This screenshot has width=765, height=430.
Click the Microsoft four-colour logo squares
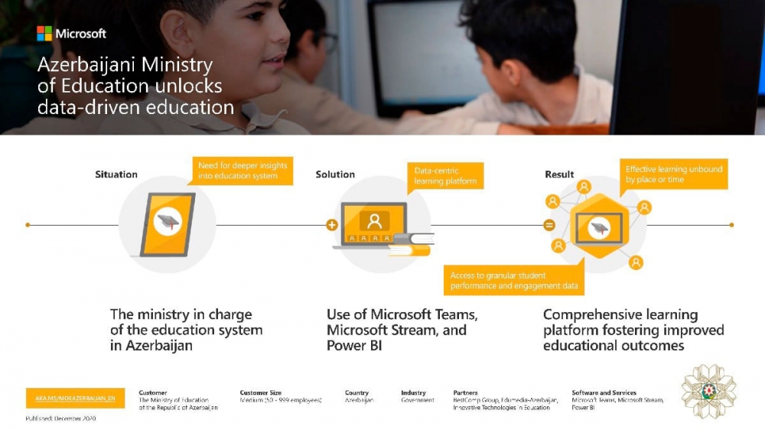[44, 34]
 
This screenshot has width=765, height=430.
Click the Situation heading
[116, 174]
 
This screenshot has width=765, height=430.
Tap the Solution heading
[335, 174]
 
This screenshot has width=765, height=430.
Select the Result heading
[559, 174]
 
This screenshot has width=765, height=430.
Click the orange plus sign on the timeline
[331, 225]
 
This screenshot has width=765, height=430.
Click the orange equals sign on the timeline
[549, 225]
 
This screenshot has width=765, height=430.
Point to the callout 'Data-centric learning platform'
[445, 176]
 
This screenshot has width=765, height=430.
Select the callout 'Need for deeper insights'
[243, 171]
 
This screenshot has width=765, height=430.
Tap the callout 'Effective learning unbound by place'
[673, 174]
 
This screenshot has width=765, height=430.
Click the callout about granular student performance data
[513, 281]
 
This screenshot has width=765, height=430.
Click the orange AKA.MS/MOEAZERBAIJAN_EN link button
[75, 398]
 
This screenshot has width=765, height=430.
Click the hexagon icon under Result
[599, 226]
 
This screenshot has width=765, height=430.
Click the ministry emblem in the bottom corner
[708, 391]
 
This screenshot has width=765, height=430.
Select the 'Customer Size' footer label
[260, 393]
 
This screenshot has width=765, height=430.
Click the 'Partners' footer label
[465, 393]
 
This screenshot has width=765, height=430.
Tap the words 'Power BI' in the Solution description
[353, 345]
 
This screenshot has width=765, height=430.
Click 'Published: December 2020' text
[60, 419]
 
